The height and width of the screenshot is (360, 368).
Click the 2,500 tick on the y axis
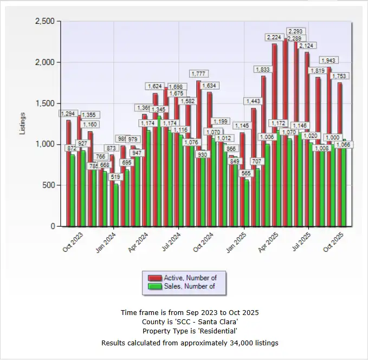(x=45, y=21)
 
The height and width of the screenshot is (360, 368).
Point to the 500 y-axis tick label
(x=49, y=185)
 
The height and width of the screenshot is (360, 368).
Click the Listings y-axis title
(x=23, y=124)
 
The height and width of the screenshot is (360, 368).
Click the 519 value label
(x=114, y=177)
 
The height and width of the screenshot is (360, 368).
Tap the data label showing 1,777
(x=198, y=73)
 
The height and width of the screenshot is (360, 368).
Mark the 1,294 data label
(x=68, y=114)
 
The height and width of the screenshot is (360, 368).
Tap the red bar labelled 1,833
(x=263, y=152)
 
